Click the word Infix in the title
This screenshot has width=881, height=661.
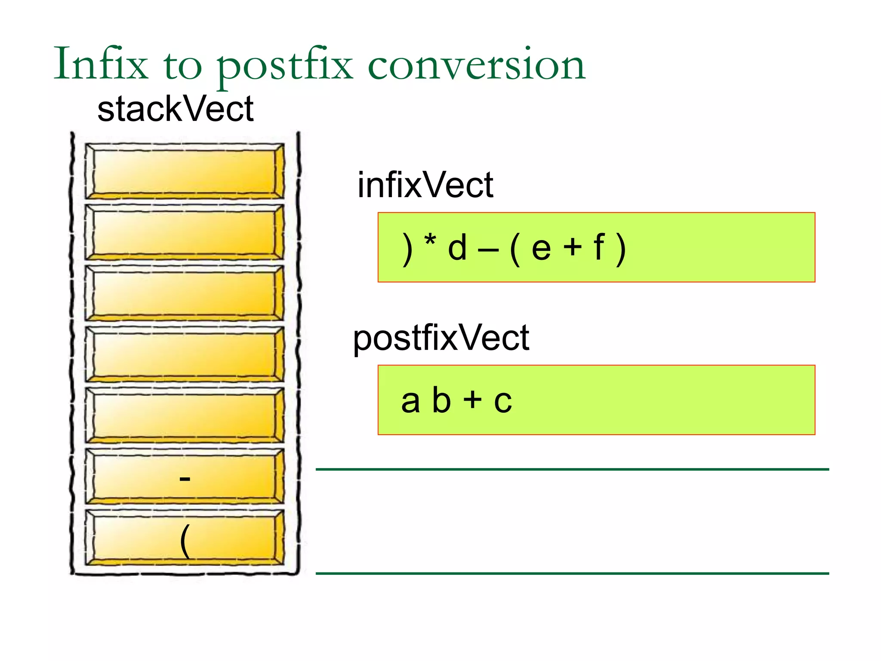click(101, 65)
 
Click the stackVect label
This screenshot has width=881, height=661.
click(175, 109)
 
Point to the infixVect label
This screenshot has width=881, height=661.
click(425, 185)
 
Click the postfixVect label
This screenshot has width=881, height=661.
click(441, 338)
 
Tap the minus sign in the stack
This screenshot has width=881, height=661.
click(185, 479)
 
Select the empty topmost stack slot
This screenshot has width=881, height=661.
click(185, 171)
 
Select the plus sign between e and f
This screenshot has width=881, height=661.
click(573, 248)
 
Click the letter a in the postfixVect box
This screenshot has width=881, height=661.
click(410, 402)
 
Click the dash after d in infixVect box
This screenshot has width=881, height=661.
click(488, 249)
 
